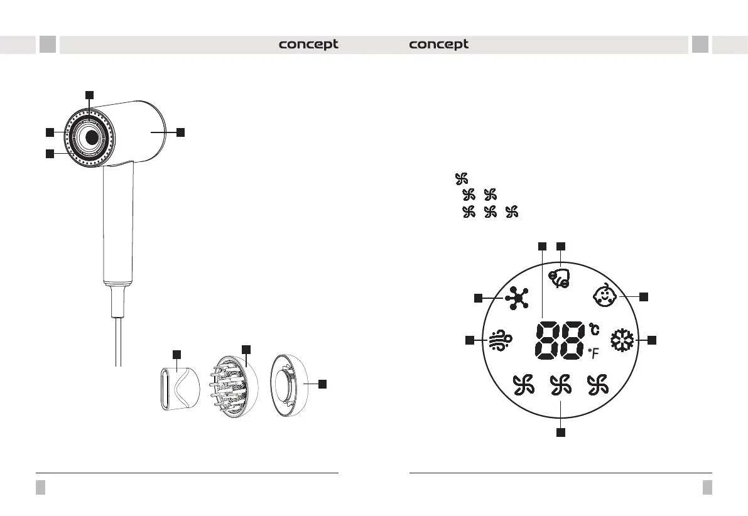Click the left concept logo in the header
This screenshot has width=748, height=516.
pos(308,45)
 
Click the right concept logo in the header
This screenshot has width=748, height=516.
pos(439,45)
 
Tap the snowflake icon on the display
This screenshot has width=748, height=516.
pos(623,340)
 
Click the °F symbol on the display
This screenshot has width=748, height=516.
pos(594,353)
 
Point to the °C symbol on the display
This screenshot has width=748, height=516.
pos(594,329)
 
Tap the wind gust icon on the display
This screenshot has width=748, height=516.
pos(501,340)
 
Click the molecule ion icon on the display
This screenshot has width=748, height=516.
pos(517,299)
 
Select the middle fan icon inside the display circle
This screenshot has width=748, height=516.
pos(560,385)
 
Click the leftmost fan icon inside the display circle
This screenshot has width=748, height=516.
pos(524,385)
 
